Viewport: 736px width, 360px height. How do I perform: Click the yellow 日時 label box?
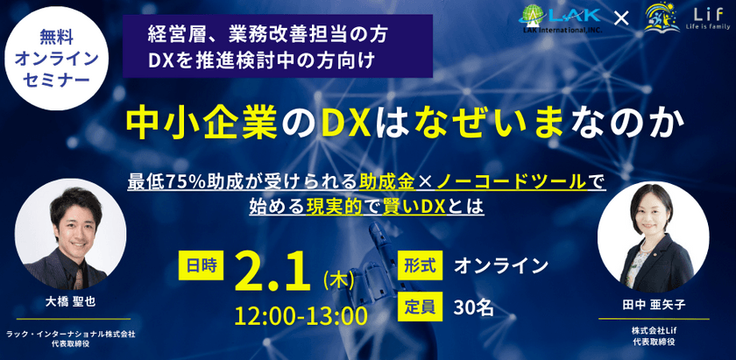(x=200, y=265)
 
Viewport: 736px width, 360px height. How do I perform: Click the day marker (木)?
(x=338, y=279)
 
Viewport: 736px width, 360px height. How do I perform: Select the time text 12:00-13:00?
(x=300, y=314)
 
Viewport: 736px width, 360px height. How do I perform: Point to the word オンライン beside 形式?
(x=500, y=265)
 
